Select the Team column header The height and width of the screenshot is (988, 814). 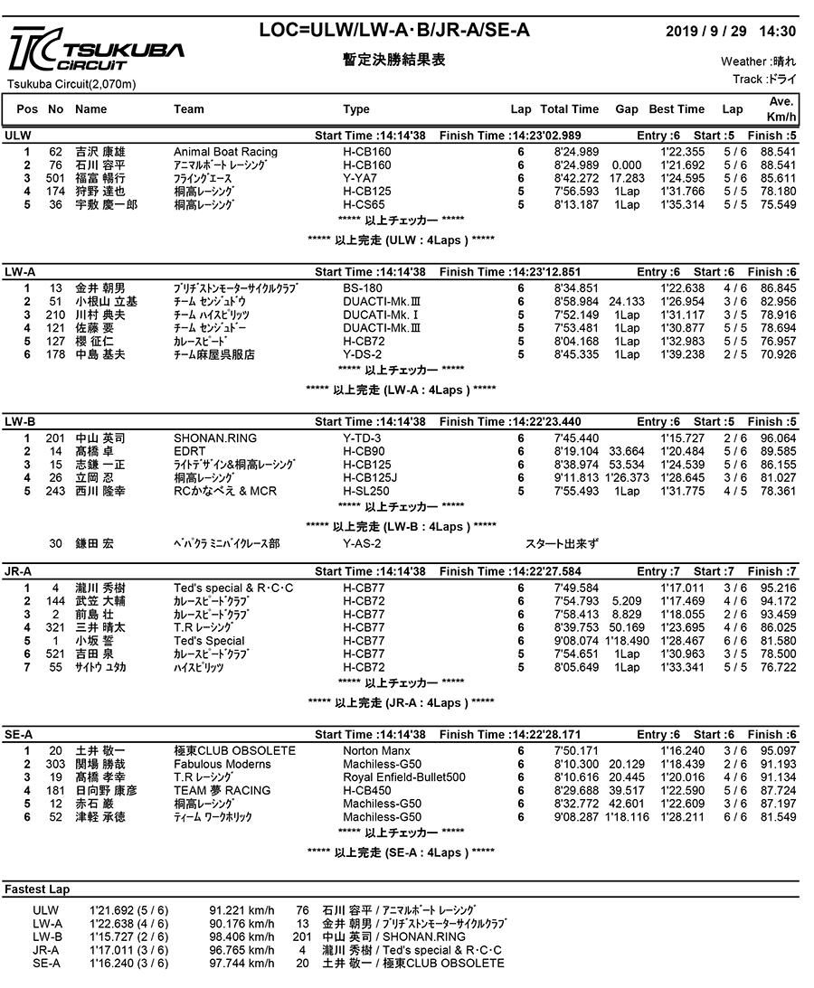click(x=189, y=109)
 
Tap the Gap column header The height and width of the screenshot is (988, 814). click(x=627, y=109)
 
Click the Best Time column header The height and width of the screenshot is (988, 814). click(x=677, y=109)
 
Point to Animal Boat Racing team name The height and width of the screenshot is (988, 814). click(x=225, y=152)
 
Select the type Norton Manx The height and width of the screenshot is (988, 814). click(x=376, y=751)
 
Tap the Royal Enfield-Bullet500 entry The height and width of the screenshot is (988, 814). click(x=404, y=777)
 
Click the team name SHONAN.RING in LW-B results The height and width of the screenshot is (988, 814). click(x=215, y=438)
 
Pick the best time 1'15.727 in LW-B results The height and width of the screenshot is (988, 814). click(x=682, y=438)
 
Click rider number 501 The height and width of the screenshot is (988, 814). click(x=55, y=178)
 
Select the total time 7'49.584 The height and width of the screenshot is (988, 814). click(x=576, y=588)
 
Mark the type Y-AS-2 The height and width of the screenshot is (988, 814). click(x=362, y=543)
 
